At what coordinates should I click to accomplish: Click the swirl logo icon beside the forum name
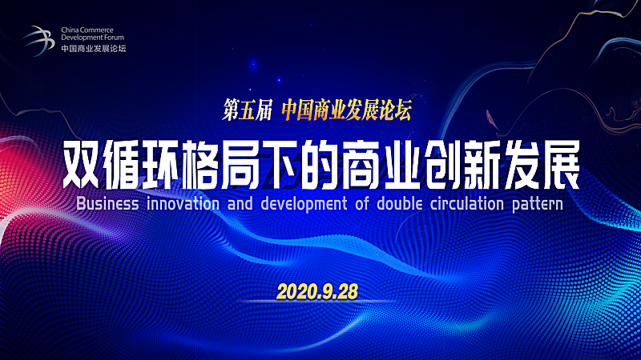point(38,41)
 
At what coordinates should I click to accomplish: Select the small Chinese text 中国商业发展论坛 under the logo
point(94,48)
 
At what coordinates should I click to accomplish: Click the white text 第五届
point(248,110)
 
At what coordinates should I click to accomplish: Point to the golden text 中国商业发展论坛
point(347,110)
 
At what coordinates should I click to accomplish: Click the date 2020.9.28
point(317,291)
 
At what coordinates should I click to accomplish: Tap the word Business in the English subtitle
point(107,204)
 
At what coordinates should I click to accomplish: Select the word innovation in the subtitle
point(183,204)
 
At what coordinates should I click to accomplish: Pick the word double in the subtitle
point(399,204)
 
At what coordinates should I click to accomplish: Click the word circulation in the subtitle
point(467,204)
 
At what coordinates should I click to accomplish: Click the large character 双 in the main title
point(82,165)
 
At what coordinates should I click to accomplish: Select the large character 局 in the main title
point(242,165)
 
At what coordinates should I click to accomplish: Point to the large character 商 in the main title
point(362,165)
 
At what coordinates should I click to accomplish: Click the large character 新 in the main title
point(482,165)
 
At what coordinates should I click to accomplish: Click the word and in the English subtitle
point(240,204)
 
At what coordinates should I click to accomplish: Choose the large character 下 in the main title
point(282,165)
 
